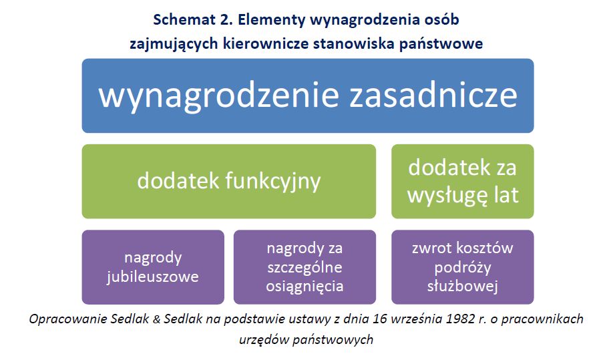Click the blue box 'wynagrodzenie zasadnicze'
pyautogui.click(x=308, y=96)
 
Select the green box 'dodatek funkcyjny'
pyautogui.click(x=228, y=182)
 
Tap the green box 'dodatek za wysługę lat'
pyautogui.click(x=463, y=182)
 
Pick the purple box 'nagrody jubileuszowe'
pyautogui.click(x=153, y=267)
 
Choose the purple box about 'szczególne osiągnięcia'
pyautogui.click(x=304, y=267)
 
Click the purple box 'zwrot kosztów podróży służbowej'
pyautogui.click(x=463, y=267)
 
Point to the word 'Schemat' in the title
pyautogui.click(x=183, y=19)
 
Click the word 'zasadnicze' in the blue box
pyautogui.click(x=433, y=96)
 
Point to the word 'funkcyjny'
pyautogui.click(x=273, y=182)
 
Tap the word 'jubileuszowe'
pyautogui.click(x=153, y=277)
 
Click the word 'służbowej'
pyautogui.click(x=463, y=287)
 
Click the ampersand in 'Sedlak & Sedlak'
pyautogui.click(x=156, y=319)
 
